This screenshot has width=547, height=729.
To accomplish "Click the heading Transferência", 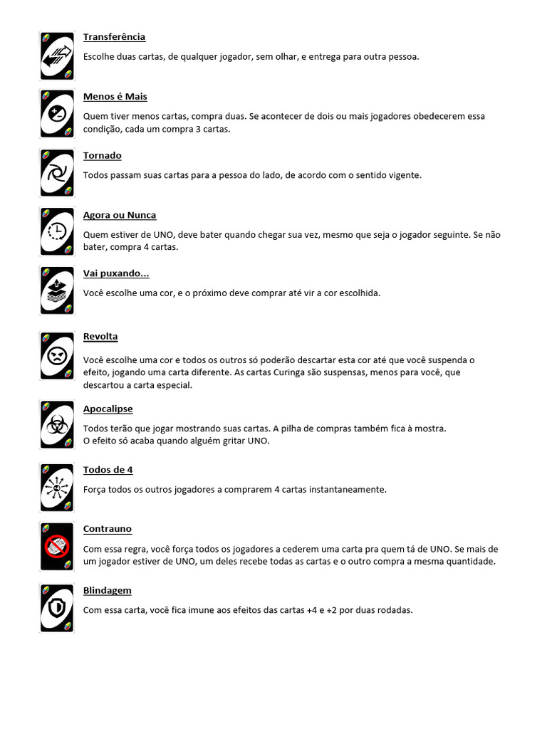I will [114, 37].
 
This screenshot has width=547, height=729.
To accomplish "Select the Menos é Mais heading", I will [115, 97].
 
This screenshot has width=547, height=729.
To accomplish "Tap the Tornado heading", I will [102, 156].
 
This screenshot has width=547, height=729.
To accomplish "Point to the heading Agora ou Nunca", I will [119, 215].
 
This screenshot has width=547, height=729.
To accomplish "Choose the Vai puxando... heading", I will [116, 274].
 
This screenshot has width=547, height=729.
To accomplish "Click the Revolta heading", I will [100, 337].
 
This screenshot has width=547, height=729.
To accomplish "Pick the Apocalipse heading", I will [108, 409].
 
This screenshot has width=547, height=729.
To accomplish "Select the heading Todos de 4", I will [108, 470].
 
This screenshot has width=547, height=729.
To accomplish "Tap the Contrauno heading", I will [107, 529].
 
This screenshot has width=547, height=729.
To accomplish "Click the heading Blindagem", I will [107, 591].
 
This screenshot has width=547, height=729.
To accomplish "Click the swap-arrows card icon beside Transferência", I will [57, 56].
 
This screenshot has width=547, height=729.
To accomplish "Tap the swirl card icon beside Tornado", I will [57, 173].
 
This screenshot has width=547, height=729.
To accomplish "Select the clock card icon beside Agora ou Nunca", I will [57, 231].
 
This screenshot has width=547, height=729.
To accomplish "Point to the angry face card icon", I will [57, 355].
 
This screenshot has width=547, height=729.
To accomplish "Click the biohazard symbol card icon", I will [57, 425].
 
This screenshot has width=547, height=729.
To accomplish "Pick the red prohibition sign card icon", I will [57, 546].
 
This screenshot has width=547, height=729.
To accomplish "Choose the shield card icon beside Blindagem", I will [57, 608].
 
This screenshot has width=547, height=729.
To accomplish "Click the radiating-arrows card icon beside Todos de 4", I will [57, 488].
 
